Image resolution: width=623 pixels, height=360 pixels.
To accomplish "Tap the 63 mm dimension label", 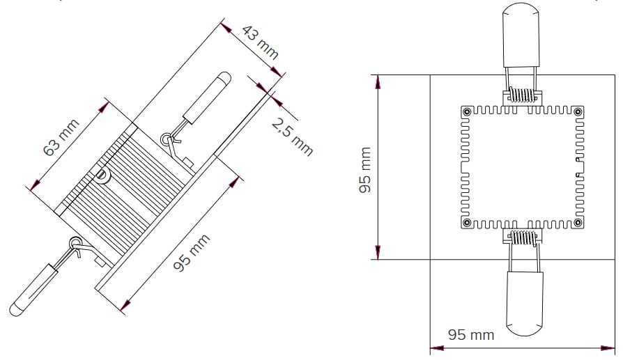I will tap(61, 138).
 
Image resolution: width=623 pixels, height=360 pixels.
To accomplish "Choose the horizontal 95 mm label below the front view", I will tap(470, 335).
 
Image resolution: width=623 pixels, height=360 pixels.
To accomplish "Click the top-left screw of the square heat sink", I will tap(466, 111).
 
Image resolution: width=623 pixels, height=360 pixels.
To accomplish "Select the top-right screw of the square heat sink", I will tap(578, 111).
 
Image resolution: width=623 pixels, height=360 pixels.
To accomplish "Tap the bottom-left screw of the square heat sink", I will tap(466, 223).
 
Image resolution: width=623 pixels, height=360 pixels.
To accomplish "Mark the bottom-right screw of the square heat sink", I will tap(578, 223).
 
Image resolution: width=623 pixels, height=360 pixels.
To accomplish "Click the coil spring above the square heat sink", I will tap(522, 94).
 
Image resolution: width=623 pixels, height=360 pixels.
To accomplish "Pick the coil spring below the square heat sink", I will tap(522, 238).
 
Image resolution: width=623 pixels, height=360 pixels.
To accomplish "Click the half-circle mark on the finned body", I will tap(102, 175).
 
